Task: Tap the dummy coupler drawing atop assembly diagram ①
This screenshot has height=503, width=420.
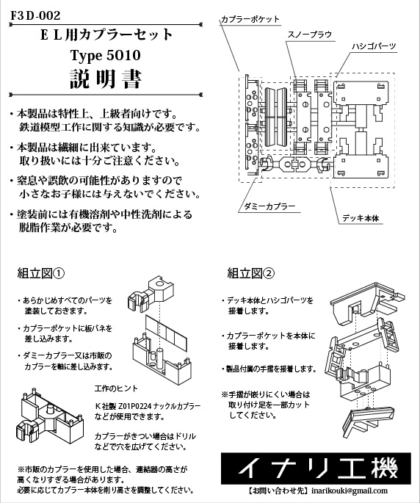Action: coord(151,294)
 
